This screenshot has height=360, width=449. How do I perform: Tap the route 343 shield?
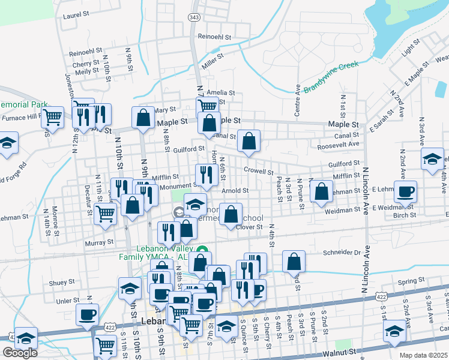(193, 17)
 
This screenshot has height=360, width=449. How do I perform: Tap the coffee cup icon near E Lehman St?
(406, 191)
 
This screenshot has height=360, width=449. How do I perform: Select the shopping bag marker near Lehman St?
(322, 191)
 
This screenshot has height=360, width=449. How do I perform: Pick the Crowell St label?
(259, 170)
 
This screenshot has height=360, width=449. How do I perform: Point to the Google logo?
(20, 353)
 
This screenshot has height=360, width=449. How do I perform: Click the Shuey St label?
(62, 281)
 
